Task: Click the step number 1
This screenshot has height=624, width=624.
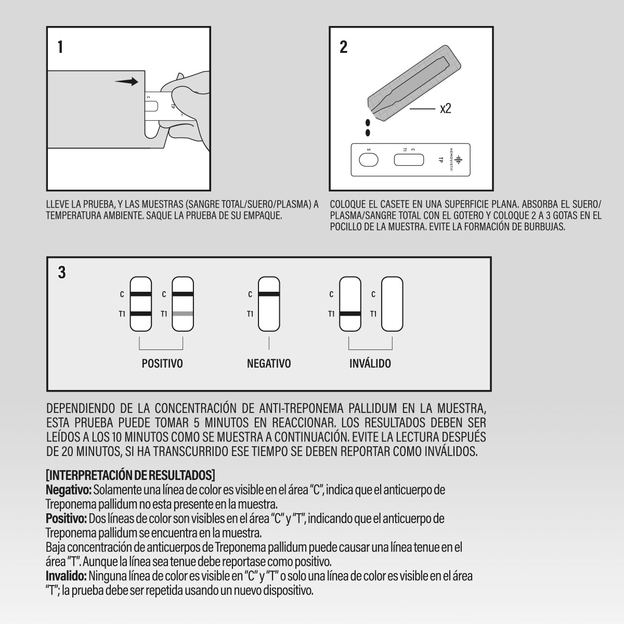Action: coord(61,47)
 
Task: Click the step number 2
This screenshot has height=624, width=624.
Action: coord(343,47)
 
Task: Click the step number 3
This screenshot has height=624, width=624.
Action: coord(62,272)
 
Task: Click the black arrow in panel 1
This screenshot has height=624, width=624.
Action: coord(127,82)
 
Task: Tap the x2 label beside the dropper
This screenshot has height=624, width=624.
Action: coord(446,109)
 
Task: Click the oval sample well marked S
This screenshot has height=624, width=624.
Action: coord(369,161)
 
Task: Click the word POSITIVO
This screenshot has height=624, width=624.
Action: coord(162,363)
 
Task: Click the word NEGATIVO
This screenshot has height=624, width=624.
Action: coord(269,363)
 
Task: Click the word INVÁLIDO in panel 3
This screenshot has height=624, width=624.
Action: coord(370,363)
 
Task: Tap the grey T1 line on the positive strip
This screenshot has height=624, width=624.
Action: coord(183,314)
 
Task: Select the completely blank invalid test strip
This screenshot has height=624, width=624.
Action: coord(393,304)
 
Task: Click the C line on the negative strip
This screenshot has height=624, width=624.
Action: coord(269,295)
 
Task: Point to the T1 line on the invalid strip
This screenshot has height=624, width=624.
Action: coord(350,314)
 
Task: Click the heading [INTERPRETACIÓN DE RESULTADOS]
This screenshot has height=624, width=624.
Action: coord(131,475)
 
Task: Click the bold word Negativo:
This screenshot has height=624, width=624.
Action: coord(69,490)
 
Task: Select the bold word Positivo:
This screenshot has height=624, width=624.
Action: coord(67,518)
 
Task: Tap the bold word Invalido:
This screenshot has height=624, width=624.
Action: coord(67,576)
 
